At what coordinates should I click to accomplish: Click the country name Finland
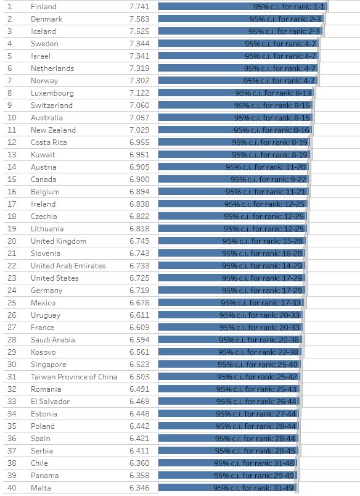43,7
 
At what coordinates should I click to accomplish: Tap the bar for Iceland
240,31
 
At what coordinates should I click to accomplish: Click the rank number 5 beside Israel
9,56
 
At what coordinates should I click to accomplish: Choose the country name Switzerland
52,105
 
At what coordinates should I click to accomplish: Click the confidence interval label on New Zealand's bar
271,130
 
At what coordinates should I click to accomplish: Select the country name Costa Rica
49,143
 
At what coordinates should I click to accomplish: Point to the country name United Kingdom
59,241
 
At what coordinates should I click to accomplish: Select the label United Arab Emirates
68,266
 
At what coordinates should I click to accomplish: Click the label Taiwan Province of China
74,377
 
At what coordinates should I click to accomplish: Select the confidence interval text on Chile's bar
254,463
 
